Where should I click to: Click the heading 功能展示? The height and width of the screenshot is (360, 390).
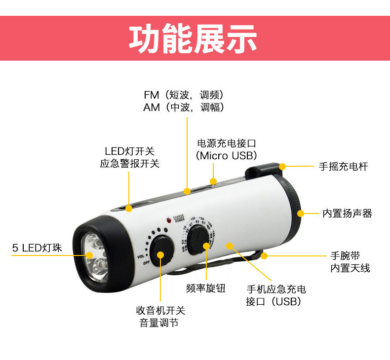tap(193, 39)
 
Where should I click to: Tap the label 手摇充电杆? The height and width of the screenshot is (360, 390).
tap(343, 167)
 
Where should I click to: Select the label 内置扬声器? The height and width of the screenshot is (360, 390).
tap(347, 214)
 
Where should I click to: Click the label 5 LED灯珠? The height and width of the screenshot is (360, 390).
tap(37, 248)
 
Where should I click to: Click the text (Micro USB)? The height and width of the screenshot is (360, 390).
tap(227, 156)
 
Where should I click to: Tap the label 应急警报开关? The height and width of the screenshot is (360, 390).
tap(130, 164)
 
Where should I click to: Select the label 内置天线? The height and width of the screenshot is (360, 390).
tap(350, 268)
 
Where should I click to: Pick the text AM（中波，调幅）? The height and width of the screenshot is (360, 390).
tap(184, 107)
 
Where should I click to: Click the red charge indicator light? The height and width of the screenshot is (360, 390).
tap(169, 218)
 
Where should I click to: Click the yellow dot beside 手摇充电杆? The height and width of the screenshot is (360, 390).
tap(282, 167)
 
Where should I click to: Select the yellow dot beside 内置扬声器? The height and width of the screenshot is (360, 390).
tap(301, 213)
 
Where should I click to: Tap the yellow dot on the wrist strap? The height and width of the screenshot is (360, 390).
tap(265, 255)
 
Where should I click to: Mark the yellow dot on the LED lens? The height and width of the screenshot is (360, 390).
tap(90, 255)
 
